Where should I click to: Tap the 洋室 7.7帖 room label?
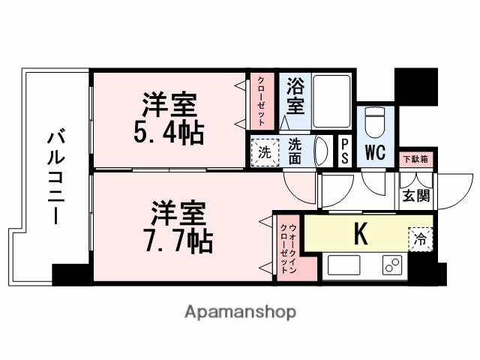[x=180, y=227]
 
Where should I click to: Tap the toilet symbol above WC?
[x=373, y=121]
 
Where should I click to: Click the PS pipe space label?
[x=344, y=151]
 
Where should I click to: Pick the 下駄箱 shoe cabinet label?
[x=414, y=159]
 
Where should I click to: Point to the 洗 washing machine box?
[x=264, y=151]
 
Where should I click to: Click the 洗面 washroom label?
[x=295, y=151]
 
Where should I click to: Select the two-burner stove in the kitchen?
[x=391, y=265]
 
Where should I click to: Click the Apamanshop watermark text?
[x=240, y=311]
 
